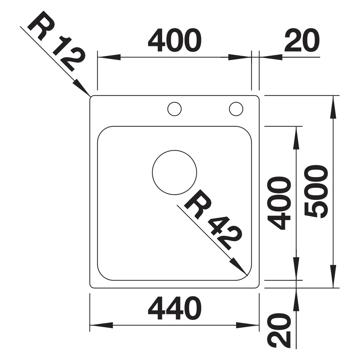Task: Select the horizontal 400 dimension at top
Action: (175, 40)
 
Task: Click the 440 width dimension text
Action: (175, 308)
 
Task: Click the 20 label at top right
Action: (302, 40)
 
